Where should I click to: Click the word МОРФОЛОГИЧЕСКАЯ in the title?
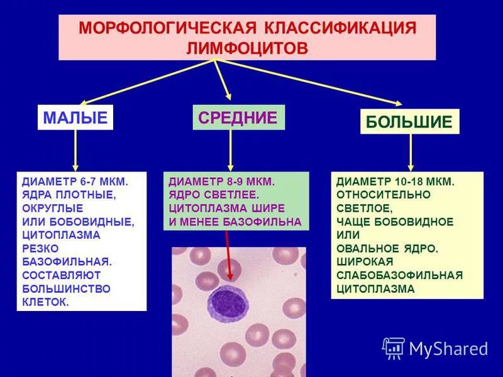coord(165,28)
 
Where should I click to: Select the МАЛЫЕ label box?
coord(75,117)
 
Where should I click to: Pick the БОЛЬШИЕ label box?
coord(409,122)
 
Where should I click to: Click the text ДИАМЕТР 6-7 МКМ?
coord(75,181)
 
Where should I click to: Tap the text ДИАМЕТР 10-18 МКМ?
coord(395,181)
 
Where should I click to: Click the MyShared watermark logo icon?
coord(394,347)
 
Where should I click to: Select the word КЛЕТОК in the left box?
coord(46,302)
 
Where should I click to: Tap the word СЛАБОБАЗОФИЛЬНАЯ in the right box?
coord(399,275)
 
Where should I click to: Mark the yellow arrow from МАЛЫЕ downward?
coord(76,151)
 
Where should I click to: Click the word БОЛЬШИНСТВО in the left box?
coord(66,288)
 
